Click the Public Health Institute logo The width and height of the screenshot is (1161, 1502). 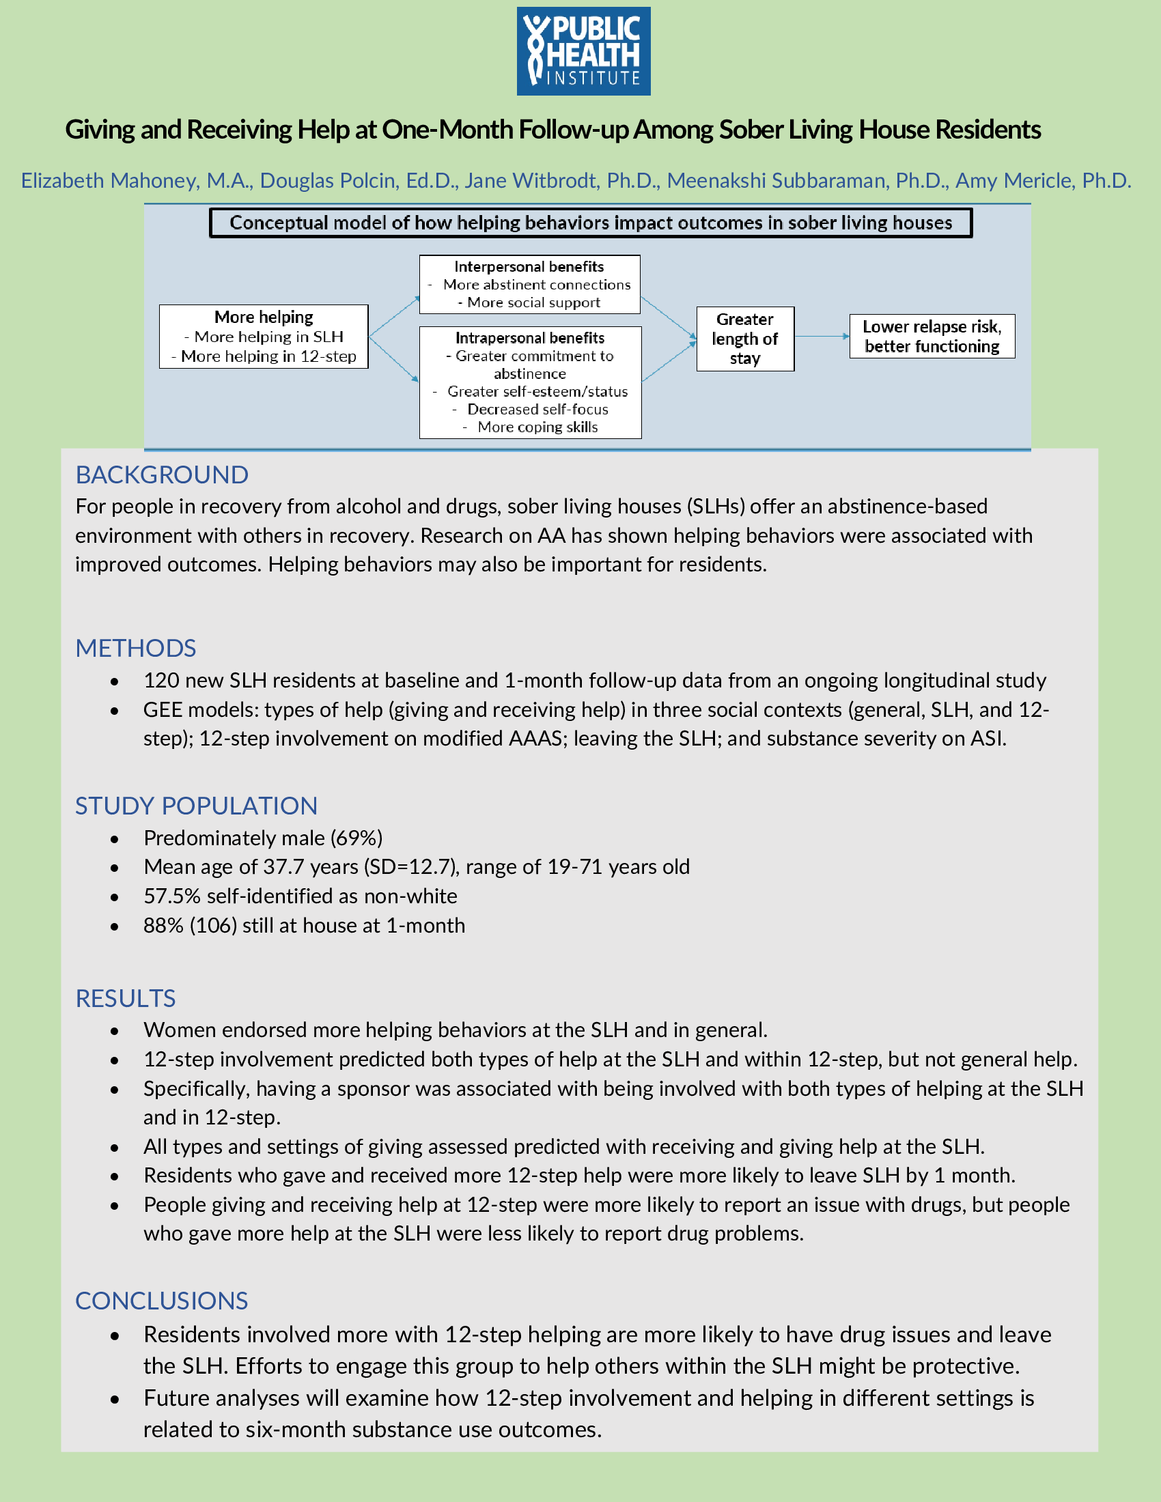(583, 52)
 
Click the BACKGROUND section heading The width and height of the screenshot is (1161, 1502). (162, 475)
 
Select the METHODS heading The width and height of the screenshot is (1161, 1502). (135, 649)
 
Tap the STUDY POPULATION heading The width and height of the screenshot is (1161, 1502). (196, 806)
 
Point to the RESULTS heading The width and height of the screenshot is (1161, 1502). (125, 999)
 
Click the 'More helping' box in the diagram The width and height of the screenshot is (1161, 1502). (264, 337)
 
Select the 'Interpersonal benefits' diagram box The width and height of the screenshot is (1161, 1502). (529, 285)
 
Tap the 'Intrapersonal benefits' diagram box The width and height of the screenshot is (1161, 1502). (530, 382)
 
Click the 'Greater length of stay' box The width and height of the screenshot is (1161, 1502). (745, 339)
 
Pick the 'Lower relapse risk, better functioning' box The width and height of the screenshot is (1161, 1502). (932, 337)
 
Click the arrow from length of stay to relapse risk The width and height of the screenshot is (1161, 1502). (822, 337)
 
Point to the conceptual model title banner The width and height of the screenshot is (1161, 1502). (590, 223)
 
